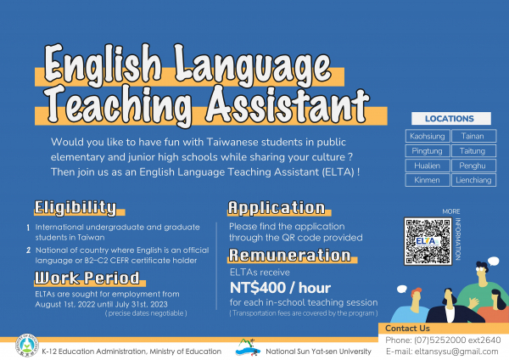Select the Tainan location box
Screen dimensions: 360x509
coord(473,136)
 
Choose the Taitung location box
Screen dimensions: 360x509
coord(473,151)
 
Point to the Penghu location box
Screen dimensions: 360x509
coord(473,166)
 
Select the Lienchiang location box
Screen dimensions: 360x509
coord(473,180)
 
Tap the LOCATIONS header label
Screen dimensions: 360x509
coord(450,118)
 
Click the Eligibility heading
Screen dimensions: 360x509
coord(75,208)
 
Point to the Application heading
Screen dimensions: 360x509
coord(277,208)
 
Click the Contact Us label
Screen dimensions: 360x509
coord(407,329)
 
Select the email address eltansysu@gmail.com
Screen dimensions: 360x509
coord(454,352)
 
